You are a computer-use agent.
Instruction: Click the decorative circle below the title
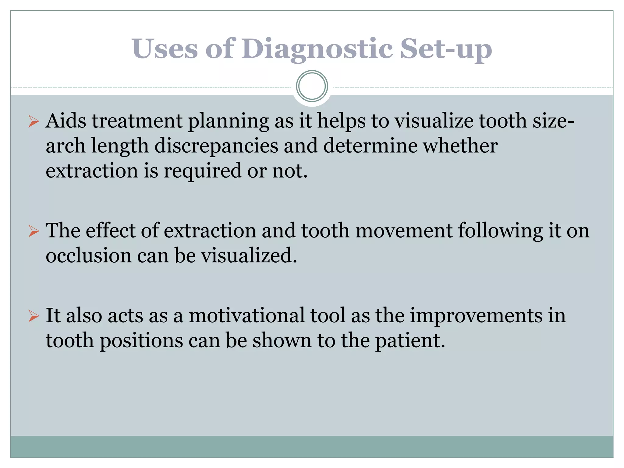[x=312, y=86]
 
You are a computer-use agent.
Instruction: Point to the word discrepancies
[x=216, y=146]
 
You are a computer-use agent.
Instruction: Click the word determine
[x=370, y=146]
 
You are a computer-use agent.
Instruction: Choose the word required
[x=203, y=171]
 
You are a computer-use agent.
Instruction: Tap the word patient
[x=410, y=341]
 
